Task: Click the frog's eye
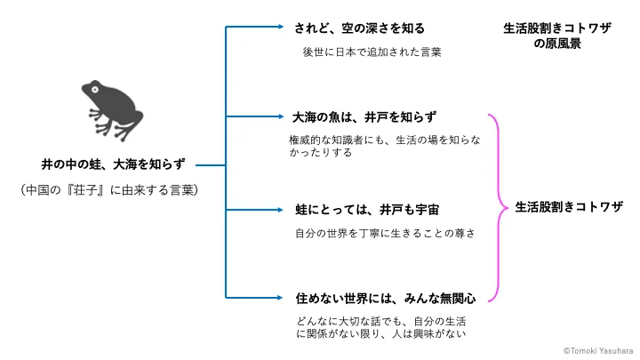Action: [95, 89]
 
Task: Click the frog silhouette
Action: [112, 110]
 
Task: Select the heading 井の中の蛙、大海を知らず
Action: [113, 164]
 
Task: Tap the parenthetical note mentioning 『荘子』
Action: [109, 190]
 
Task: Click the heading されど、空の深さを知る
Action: [359, 28]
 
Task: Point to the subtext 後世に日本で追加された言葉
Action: [372, 52]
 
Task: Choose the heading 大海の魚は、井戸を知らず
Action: [364, 117]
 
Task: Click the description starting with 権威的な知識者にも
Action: [385, 146]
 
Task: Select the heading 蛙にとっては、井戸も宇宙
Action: [367, 210]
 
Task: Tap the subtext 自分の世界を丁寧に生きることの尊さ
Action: [385, 234]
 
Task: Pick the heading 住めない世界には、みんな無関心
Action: [386, 299]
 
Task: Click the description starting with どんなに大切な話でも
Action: [380, 327]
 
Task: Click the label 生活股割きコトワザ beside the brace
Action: [569, 207]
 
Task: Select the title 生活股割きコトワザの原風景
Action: [557, 36]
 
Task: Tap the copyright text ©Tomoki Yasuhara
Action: [598, 350]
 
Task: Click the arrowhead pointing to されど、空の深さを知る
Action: [281, 27]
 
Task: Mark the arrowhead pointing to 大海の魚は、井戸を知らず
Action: [281, 116]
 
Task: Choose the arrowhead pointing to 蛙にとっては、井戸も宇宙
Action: [280, 210]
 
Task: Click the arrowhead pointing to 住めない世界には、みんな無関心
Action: [280, 298]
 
